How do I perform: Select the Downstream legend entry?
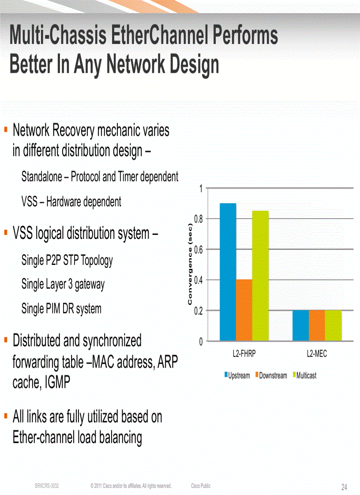pos(272,376)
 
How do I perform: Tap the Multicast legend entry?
pos(305,376)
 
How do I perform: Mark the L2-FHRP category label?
pos(244,354)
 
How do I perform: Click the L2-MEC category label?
pos(317,354)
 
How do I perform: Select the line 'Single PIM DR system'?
pos(61,309)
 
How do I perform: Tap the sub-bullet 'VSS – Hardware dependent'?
pos(71,202)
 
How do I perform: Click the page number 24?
pos(344,487)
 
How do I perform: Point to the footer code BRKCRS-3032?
pos(47,486)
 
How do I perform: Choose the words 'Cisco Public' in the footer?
pos(201,486)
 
